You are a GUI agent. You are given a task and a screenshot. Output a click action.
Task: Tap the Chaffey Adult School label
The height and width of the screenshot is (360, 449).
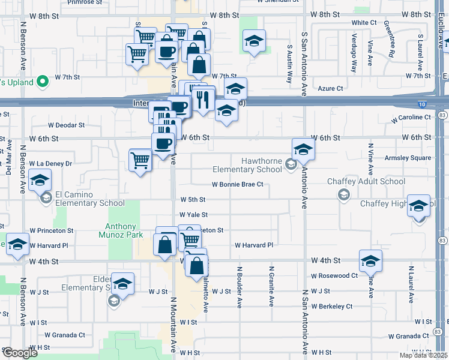tap(366, 181)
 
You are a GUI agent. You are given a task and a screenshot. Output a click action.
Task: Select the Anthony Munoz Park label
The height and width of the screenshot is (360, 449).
tap(121, 231)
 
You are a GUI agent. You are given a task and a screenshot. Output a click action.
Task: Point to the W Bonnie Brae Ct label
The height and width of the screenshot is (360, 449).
tap(237, 185)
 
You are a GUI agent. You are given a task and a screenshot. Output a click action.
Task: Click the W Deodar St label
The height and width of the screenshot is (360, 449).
tap(67, 126)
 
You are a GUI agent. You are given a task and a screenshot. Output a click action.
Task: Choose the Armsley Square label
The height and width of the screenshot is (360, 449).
tap(412, 158)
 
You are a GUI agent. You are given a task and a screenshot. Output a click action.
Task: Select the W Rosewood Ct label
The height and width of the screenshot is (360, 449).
tap(334, 276)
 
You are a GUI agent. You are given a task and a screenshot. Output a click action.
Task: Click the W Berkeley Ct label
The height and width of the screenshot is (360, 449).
tap(331, 306)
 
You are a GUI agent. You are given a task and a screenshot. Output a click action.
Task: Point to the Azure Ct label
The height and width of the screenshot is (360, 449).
tap(330, 88)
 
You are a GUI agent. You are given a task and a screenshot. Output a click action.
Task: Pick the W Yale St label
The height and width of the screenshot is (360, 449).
tap(193, 214)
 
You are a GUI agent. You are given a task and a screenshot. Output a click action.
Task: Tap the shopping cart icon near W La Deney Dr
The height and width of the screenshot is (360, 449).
tap(140, 160)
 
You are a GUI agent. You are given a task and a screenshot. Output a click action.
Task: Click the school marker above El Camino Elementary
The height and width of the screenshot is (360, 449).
tap(40, 180)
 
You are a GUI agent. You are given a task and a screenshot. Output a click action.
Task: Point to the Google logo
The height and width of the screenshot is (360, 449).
tap(19, 353)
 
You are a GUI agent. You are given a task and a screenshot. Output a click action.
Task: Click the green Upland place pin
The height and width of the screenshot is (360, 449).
tap(42, 80)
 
